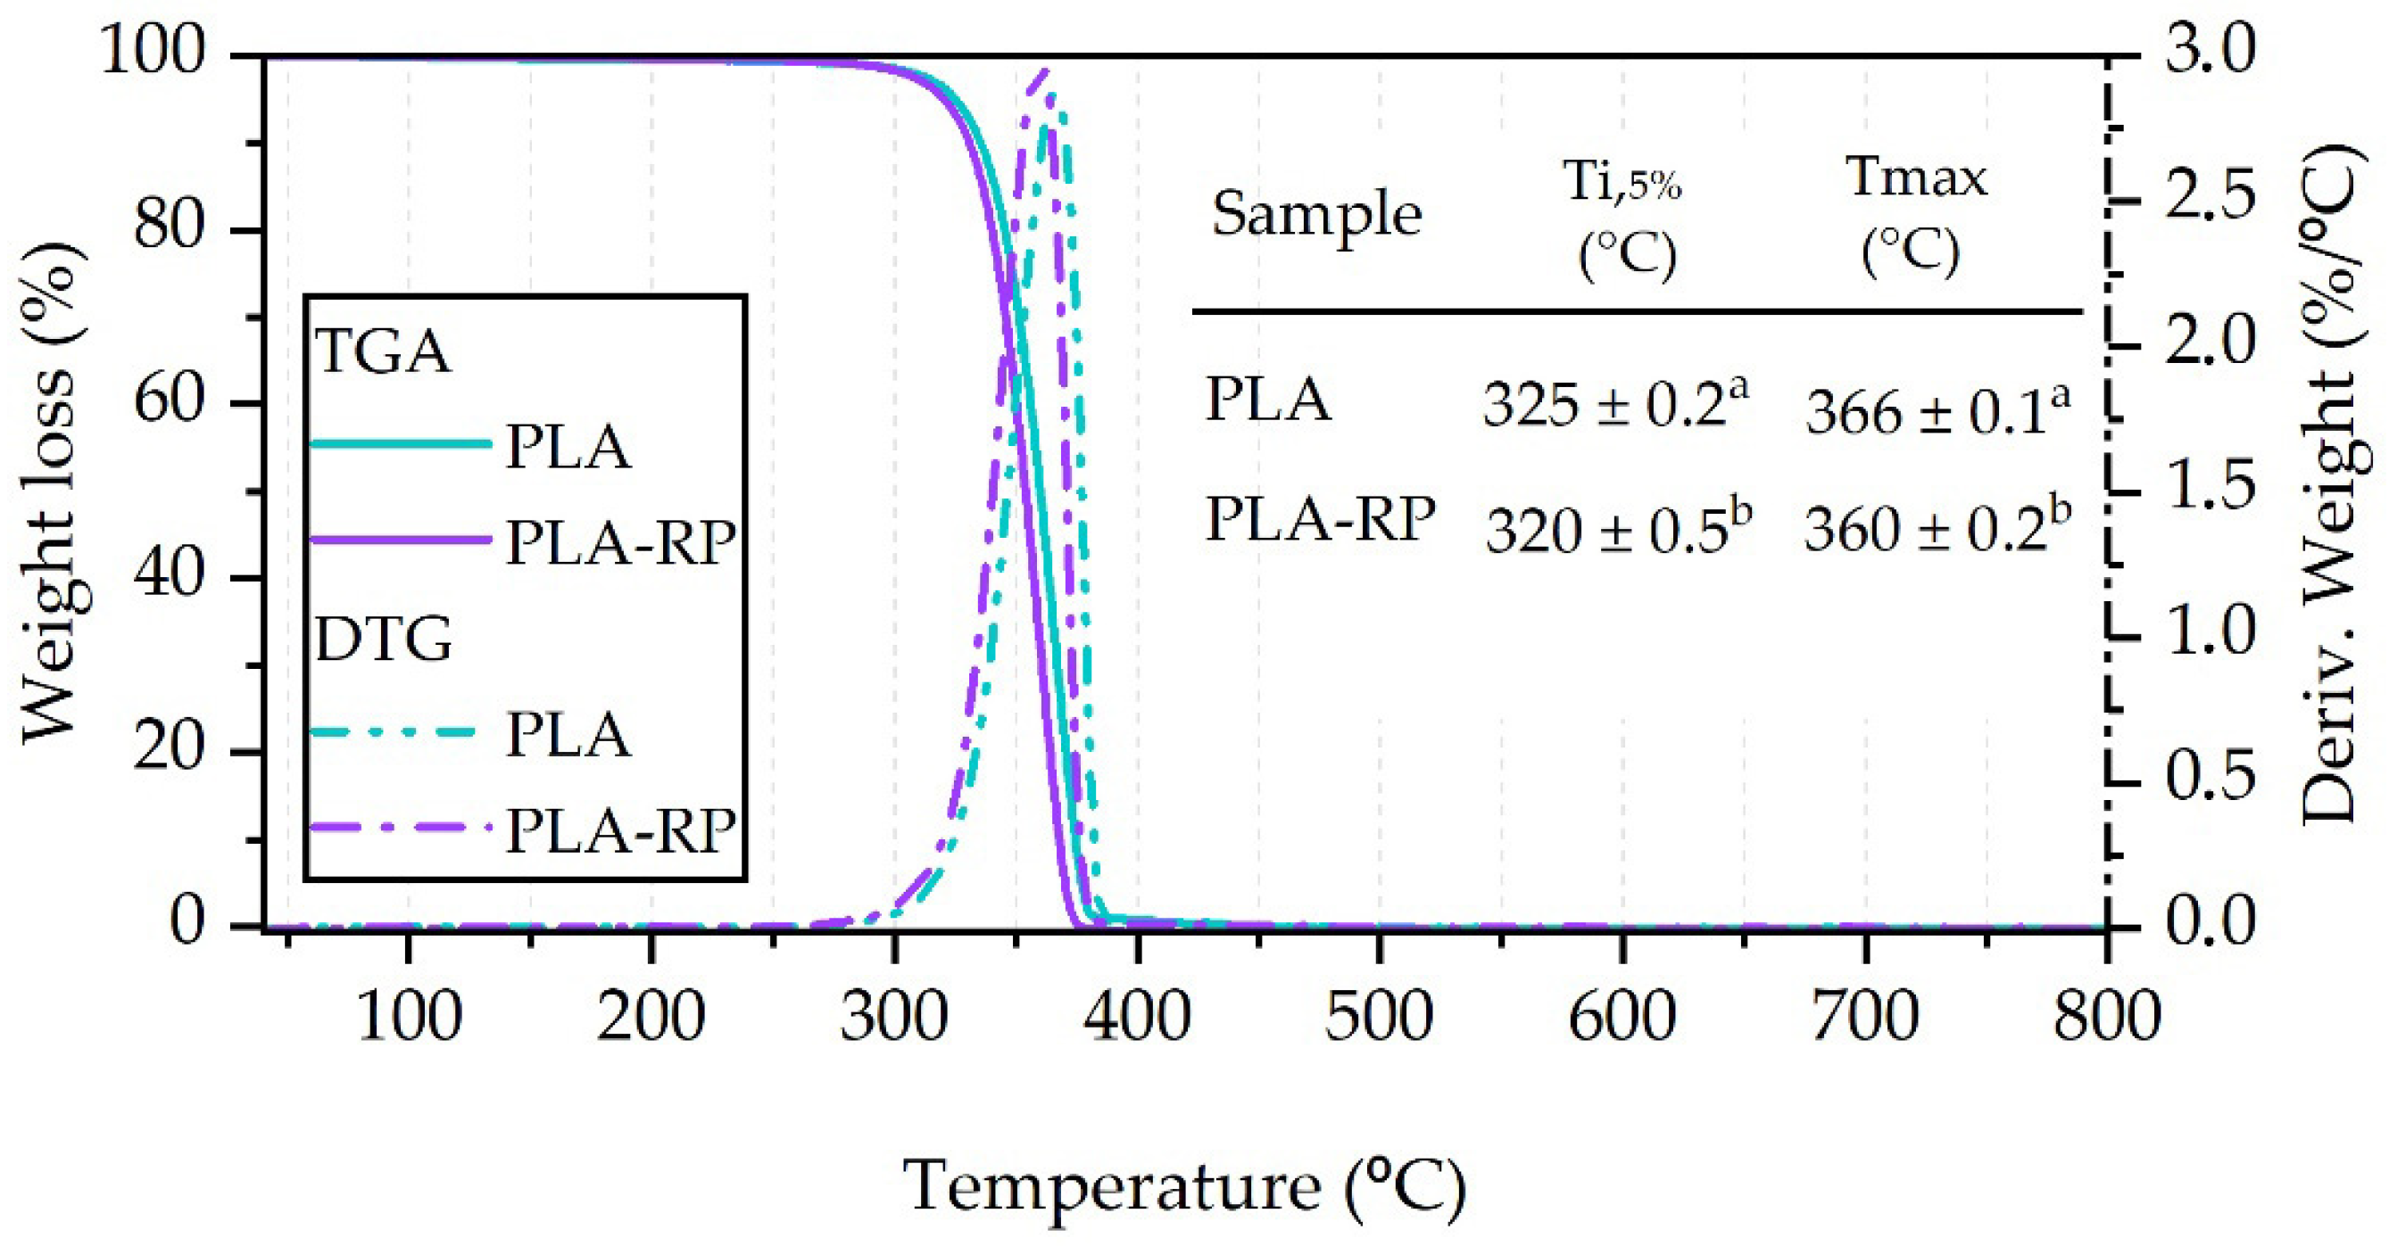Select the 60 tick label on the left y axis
pyautogui.click(x=168, y=402)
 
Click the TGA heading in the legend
pyautogui.click(x=383, y=352)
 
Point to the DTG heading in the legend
pyautogui.click(x=383, y=640)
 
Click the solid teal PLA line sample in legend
pyautogui.click(x=399, y=444)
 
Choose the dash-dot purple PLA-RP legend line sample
pyautogui.click(x=399, y=828)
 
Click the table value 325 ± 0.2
pyautogui.click(x=1614, y=404)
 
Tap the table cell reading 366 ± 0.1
pyautogui.click(x=1937, y=409)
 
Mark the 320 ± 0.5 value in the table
pyautogui.click(x=1618, y=532)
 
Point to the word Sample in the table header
pyautogui.click(x=1317, y=215)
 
